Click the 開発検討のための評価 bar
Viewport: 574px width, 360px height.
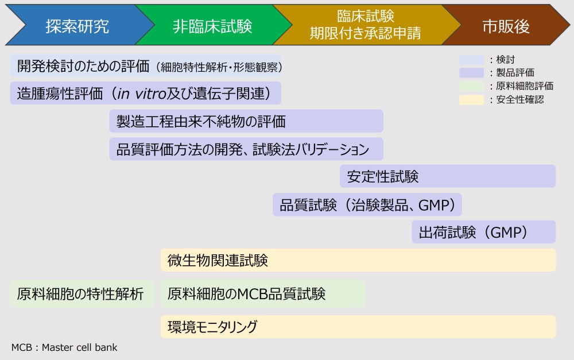click(146, 66)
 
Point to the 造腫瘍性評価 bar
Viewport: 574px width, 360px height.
click(146, 93)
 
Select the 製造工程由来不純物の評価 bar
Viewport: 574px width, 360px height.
click(246, 121)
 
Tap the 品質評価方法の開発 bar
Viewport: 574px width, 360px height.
click(246, 149)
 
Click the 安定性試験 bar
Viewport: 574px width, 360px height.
click(448, 176)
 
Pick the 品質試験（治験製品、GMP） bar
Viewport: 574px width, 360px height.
click(367, 204)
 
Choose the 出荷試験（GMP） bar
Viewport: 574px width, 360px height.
click(483, 232)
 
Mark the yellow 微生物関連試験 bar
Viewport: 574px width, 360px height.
click(358, 260)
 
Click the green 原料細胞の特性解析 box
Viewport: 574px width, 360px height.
click(82, 293)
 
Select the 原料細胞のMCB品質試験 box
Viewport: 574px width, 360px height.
click(263, 293)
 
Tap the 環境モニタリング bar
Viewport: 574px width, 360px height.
click(358, 327)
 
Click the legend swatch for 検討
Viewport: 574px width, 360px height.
click(471, 60)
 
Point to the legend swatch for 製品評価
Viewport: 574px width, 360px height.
click(471, 72)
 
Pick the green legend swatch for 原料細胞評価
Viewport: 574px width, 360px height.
click(471, 86)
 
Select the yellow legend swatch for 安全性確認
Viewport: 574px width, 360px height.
click(471, 99)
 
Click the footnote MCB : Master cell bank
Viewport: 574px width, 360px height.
click(64, 347)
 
